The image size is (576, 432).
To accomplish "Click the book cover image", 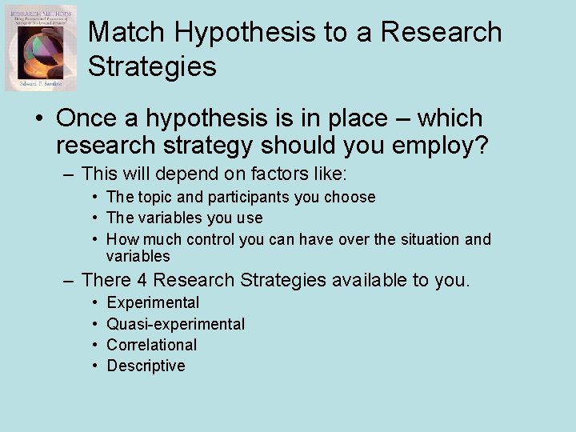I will tap(41, 48).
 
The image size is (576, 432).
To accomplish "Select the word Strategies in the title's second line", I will tap(152, 66).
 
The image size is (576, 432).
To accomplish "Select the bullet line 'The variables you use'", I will tap(184, 218).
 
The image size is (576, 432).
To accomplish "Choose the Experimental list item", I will tap(153, 302).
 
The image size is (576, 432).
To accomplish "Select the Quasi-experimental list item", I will tap(175, 324).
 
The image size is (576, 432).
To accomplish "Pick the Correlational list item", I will tap(151, 345).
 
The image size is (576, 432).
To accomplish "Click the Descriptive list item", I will tap(146, 366).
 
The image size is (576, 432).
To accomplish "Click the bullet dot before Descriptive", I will tap(94, 366).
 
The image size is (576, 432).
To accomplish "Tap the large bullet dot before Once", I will tap(38, 118).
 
